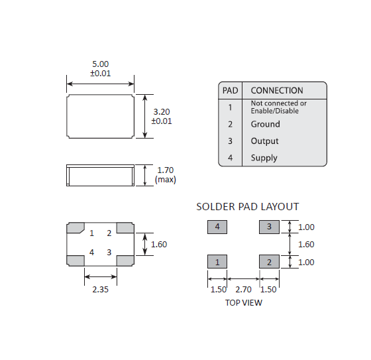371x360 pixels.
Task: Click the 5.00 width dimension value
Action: coord(100,64)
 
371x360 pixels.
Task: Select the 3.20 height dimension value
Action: coord(162,112)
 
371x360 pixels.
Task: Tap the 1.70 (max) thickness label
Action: coord(166,175)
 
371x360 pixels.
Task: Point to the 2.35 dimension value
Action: coord(100,290)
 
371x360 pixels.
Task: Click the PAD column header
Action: coord(231,90)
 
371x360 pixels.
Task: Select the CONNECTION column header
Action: coord(277,90)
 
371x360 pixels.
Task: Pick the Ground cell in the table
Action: coord(265,124)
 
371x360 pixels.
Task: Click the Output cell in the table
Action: coord(264,141)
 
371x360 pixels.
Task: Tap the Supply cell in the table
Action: coord(264,158)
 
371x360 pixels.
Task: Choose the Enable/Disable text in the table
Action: coord(275,111)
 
